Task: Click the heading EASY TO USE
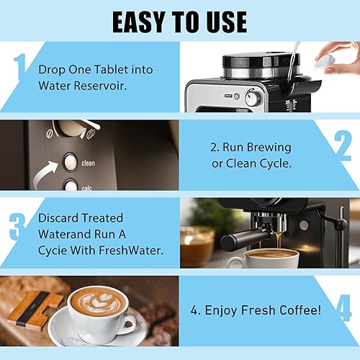(x=179, y=21)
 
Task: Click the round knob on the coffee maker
(x=253, y=99)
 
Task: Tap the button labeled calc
(x=70, y=185)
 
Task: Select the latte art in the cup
(x=99, y=302)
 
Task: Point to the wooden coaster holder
(x=33, y=310)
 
